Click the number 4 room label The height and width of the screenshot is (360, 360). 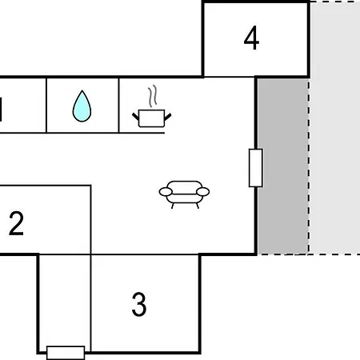(251, 38)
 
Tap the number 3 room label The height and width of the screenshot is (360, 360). (139, 304)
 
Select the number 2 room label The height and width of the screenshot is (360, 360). (16, 223)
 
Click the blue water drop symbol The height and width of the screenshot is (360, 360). (82, 106)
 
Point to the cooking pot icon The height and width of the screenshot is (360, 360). (152, 106)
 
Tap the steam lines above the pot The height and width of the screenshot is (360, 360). (153, 96)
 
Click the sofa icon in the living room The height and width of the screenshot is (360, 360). (184, 194)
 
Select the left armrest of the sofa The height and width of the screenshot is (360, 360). (166, 191)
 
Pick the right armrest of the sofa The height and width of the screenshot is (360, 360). (202, 191)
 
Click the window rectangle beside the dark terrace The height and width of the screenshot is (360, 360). (256, 168)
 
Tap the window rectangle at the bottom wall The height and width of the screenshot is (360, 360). (66, 353)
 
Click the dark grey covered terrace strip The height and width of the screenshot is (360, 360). (283, 166)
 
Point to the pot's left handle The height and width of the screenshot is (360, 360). (136, 117)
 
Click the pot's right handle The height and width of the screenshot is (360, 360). (168, 117)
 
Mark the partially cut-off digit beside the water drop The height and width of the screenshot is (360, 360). (1, 110)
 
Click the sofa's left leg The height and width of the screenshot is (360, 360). (173, 206)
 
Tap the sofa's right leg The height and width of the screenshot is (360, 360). (198, 206)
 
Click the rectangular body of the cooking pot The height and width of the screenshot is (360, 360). (152, 118)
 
